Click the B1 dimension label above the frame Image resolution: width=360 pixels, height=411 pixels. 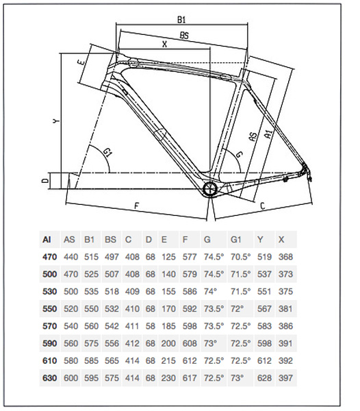(x=181, y=20)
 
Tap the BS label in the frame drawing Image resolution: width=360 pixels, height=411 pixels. (x=184, y=36)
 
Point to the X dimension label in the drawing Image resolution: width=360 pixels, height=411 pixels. (x=164, y=45)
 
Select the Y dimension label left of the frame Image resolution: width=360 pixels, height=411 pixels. (x=56, y=121)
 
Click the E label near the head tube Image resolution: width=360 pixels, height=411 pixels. (x=81, y=62)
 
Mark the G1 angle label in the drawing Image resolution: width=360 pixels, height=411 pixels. (x=107, y=152)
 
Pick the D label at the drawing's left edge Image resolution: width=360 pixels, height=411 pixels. (x=45, y=181)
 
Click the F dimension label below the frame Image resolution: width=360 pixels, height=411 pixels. (x=136, y=206)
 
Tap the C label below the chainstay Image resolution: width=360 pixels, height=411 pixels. (x=263, y=206)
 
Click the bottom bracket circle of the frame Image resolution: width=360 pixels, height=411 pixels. (x=209, y=189)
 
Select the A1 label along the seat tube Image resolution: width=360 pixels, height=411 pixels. (x=268, y=133)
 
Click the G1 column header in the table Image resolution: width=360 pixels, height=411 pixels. (x=235, y=239)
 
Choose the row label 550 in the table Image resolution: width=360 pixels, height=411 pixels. (x=49, y=309)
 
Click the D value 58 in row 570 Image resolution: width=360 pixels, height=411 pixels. (x=151, y=326)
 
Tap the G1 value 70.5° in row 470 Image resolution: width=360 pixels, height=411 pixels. (x=240, y=257)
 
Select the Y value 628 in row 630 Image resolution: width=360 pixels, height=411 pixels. (x=264, y=378)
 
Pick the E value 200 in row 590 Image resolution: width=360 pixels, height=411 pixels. (x=168, y=343)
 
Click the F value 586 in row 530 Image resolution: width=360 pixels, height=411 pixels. (x=190, y=292)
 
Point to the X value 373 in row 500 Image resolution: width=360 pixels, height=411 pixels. (x=285, y=274)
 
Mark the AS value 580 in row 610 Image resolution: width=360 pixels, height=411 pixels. (x=70, y=361)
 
